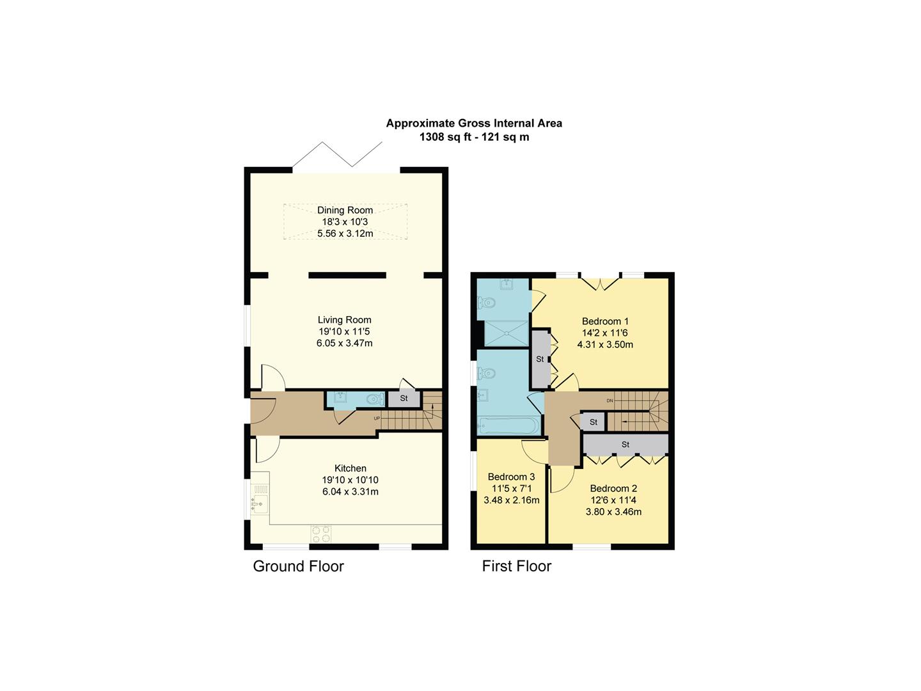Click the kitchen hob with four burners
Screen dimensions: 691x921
tap(321, 534)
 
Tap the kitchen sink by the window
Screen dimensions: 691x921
tap(259, 501)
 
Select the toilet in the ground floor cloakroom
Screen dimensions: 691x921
tap(374, 399)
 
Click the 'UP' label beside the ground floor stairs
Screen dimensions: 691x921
tap(377, 418)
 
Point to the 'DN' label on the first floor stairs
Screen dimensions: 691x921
tap(610, 401)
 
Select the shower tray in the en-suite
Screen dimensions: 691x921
tap(503, 333)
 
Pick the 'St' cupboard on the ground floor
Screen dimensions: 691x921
tap(404, 399)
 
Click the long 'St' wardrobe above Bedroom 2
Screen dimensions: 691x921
tap(625, 444)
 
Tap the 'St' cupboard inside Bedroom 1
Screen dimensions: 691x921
tap(540, 359)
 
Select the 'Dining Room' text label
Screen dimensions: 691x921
tap(345, 210)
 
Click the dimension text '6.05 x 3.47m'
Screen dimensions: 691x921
tap(344, 343)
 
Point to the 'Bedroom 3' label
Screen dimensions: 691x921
tap(511, 477)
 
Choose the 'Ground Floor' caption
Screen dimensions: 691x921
tap(298, 566)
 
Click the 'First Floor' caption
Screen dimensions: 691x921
tap(516, 566)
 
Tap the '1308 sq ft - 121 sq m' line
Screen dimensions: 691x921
tap(474, 137)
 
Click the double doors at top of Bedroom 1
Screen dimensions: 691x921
tap(601, 283)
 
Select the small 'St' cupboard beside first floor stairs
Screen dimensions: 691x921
tap(593, 422)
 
